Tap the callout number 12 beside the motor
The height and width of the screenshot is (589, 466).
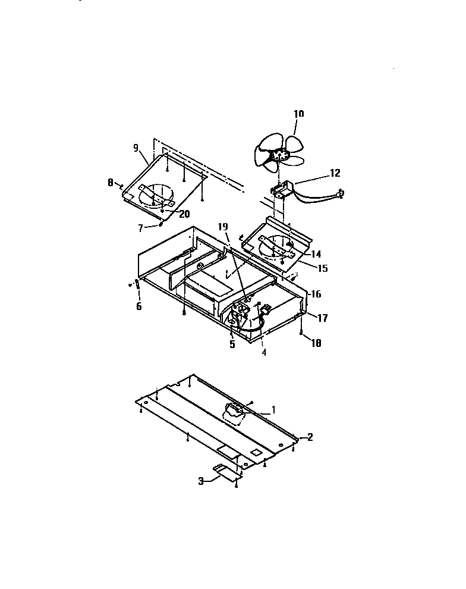click(x=335, y=173)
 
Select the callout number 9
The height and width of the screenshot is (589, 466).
click(x=136, y=147)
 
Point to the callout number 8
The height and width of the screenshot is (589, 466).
click(x=111, y=184)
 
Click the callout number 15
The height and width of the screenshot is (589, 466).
click(x=322, y=268)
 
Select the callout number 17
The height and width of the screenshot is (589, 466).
click(x=322, y=318)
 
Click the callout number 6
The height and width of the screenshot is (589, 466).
click(x=139, y=306)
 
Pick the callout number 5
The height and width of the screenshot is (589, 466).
click(x=233, y=344)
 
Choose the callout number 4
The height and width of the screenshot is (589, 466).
click(x=264, y=352)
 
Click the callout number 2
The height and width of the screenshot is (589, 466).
click(x=309, y=437)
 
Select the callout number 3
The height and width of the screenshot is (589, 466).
click(x=202, y=481)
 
